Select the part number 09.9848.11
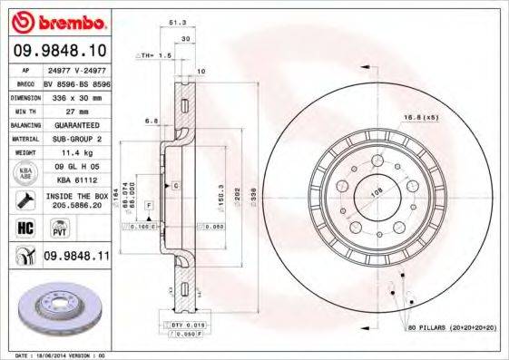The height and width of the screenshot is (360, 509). click(75, 257)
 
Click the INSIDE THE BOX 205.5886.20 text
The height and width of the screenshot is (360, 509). click(75, 199)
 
